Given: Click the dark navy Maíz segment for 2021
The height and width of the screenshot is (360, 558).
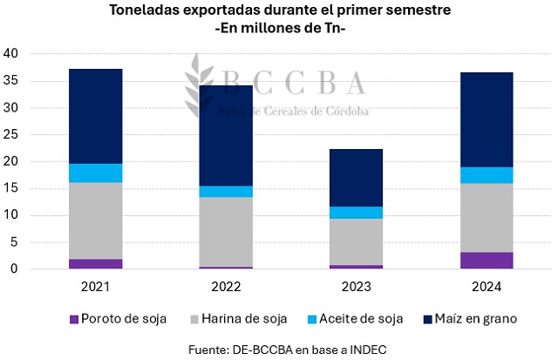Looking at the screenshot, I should [x=96, y=116].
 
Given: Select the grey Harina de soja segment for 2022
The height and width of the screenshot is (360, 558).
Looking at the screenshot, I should [x=226, y=232].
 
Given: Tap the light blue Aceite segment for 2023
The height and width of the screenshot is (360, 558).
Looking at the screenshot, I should [x=356, y=213].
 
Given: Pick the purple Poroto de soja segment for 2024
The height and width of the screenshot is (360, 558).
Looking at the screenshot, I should [x=487, y=261].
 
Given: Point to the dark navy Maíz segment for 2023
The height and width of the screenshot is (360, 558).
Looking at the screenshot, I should [x=356, y=178].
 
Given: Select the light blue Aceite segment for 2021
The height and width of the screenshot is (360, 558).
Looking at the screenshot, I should [x=96, y=173].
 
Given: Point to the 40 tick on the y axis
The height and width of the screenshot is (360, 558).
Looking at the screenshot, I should [x=11, y=53].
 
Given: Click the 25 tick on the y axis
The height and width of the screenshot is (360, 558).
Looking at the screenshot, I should [x=11, y=135].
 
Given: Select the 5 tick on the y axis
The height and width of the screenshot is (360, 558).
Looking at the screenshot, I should [x=15, y=242].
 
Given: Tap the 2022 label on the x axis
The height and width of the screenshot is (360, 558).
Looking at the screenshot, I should [x=226, y=285].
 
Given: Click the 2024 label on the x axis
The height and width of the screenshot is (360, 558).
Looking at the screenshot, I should [x=487, y=285].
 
